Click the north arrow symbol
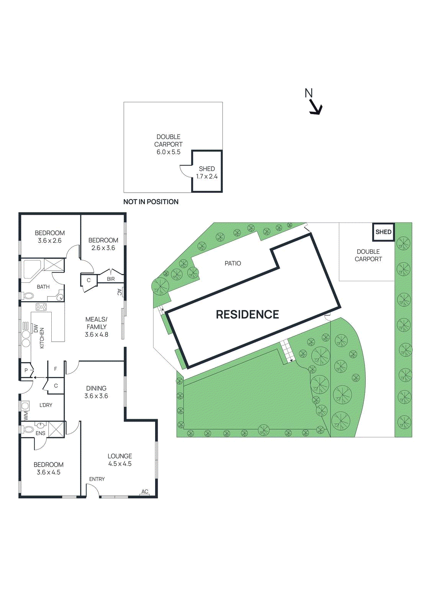[315, 107]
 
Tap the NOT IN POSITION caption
[151, 202]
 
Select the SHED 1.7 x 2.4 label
[207, 172]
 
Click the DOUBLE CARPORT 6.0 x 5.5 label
[168, 144]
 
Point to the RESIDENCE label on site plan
[247, 315]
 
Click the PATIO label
[232, 264]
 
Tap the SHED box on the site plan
[383, 232]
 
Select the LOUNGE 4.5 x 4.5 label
[119, 460]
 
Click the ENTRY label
[97, 479]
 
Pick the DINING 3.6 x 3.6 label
[96, 392]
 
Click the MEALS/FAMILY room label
[96, 327]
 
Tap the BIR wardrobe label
[111, 279]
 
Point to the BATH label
[43, 287]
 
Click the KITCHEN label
[42, 338]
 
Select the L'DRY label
[46, 405]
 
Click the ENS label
[40, 433]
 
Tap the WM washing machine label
[26, 416]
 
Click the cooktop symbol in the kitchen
[41, 307]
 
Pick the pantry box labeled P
[26, 370]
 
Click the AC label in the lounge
[144, 492]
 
